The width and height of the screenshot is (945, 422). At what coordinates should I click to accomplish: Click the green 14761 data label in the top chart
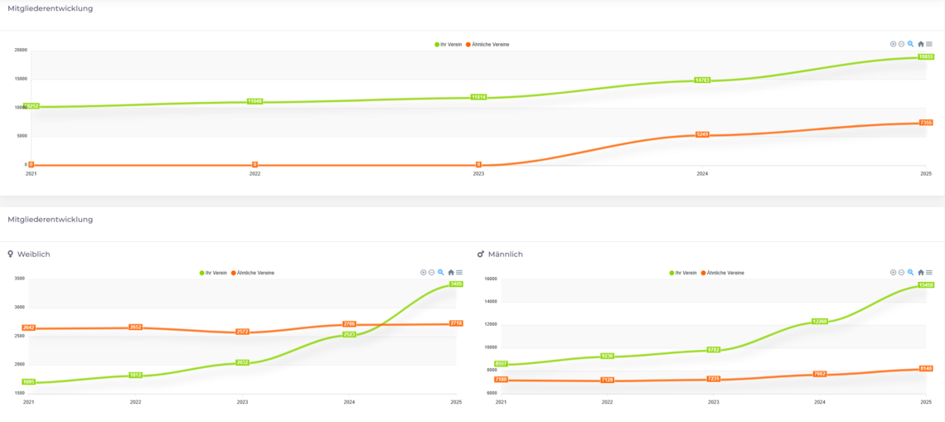(x=702, y=80)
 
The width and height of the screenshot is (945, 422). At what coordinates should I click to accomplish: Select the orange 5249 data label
(x=702, y=134)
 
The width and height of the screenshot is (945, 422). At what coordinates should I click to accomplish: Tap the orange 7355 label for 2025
(x=926, y=123)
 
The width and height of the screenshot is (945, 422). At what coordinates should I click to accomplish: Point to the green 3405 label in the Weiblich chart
(x=456, y=284)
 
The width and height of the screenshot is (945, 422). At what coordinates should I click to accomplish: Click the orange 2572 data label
(x=243, y=332)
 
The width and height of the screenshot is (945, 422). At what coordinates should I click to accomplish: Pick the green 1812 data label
(x=136, y=376)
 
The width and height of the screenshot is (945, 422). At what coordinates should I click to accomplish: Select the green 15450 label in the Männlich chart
(x=926, y=285)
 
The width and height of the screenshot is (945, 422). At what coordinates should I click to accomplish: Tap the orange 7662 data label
(x=820, y=374)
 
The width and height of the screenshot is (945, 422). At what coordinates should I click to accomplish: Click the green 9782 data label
(x=714, y=350)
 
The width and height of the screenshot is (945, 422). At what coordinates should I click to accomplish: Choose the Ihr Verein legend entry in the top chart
(x=448, y=45)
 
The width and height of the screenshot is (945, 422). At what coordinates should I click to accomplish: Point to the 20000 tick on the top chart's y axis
(x=21, y=50)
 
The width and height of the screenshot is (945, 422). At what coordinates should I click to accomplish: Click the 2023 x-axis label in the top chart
(x=478, y=174)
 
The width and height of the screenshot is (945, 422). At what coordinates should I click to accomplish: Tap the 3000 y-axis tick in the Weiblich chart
(x=19, y=308)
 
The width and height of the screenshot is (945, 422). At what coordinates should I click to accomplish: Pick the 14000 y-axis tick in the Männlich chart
(x=491, y=302)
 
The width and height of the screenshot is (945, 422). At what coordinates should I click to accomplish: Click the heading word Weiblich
(x=33, y=255)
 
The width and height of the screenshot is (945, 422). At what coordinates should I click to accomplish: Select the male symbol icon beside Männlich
(x=481, y=255)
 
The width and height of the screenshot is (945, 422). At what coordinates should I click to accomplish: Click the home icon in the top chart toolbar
(x=920, y=45)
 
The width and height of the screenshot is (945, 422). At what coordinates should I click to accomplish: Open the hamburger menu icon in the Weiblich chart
(x=459, y=273)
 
